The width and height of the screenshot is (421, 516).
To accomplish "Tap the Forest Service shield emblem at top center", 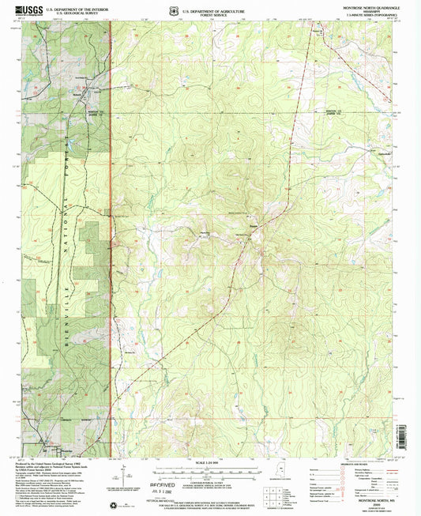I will coord(175,10).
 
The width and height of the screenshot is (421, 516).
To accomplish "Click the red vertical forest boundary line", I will coord(111,237).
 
